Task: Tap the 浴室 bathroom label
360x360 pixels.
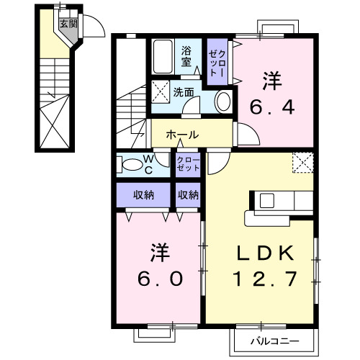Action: [185, 56]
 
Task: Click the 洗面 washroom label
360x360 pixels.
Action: [184, 92]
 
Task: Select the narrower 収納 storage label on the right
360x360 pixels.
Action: [188, 194]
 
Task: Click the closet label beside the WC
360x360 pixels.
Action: [188, 163]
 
